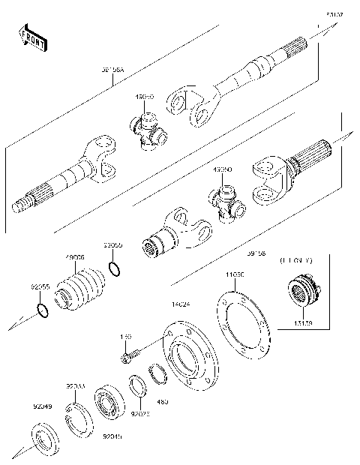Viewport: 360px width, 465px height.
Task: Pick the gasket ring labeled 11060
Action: (x=244, y=326)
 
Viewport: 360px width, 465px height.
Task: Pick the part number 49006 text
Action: (x=76, y=257)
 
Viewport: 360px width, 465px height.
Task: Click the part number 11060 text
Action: (x=235, y=276)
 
